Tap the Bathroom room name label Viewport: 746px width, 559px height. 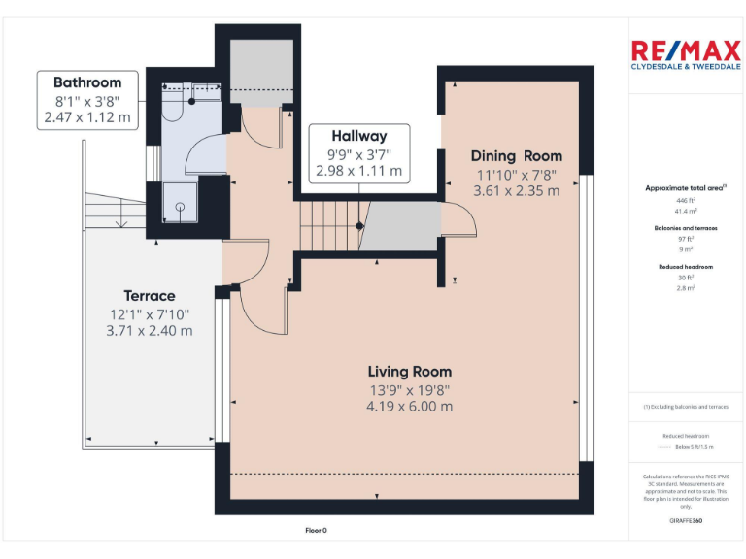(87, 82)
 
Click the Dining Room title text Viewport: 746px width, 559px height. (516, 155)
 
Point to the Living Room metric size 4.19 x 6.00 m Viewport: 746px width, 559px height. (409, 407)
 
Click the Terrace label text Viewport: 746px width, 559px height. (150, 295)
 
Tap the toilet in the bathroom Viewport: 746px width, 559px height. (174, 108)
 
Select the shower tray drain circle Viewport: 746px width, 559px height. (179, 206)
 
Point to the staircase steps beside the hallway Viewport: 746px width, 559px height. (327, 225)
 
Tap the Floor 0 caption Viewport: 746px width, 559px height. (317, 531)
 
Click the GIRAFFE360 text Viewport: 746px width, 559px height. (686, 521)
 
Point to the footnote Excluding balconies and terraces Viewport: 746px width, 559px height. (686, 407)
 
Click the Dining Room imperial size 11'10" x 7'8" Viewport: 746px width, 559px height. (516, 174)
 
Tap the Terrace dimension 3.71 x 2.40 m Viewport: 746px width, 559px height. (151, 330)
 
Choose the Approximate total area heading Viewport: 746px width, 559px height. (685, 188)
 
